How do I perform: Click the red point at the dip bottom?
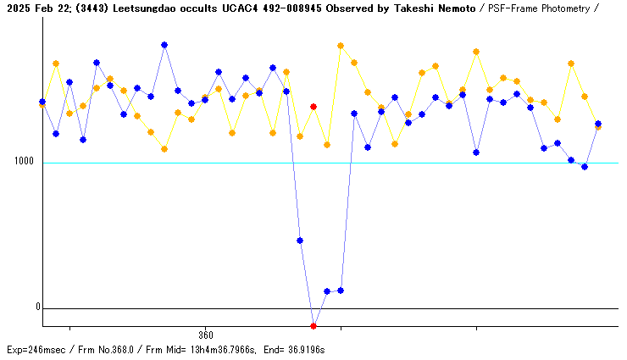[x=313, y=325]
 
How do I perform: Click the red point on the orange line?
[x=313, y=107]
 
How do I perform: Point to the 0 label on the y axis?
[x=37, y=307]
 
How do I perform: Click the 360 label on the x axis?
[x=205, y=335]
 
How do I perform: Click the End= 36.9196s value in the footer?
[x=295, y=349]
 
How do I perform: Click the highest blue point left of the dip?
[x=164, y=45]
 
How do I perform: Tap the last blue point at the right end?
[x=598, y=124]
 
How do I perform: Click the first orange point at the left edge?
[x=42, y=104]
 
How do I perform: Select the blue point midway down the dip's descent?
[x=300, y=241]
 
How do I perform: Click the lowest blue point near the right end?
[x=585, y=167]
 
